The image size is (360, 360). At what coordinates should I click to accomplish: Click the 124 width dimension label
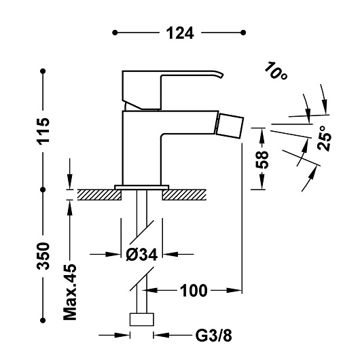click(x=180, y=33)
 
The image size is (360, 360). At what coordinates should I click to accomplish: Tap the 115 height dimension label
click(x=43, y=131)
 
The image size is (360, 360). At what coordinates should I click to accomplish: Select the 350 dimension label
click(x=43, y=255)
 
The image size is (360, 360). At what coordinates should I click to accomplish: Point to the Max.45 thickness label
click(x=70, y=292)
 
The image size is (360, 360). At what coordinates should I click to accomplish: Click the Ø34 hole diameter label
click(x=142, y=255)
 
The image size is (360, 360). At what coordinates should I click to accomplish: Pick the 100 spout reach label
click(x=194, y=291)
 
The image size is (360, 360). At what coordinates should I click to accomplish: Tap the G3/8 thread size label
click(x=213, y=336)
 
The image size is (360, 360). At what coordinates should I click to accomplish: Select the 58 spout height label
click(x=262, y=160)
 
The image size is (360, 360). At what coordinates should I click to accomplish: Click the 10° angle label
click(x=276, y=71)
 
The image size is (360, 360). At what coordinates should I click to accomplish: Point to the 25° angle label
click(x=325, y=138)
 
